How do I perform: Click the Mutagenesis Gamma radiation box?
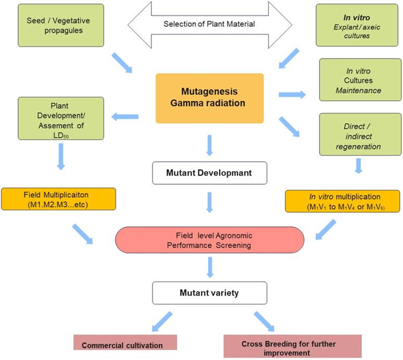(x=209, y=98)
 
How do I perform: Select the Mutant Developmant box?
(x=210, y=173)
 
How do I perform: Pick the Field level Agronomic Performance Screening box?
(x=210, y=240)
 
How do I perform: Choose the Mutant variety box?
(x=210, y=293)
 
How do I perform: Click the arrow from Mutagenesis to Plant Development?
(x=125, y=117)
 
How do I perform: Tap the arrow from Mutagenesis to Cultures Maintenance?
(x=292, y=94)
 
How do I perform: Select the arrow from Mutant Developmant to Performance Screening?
(x=210, y=201)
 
